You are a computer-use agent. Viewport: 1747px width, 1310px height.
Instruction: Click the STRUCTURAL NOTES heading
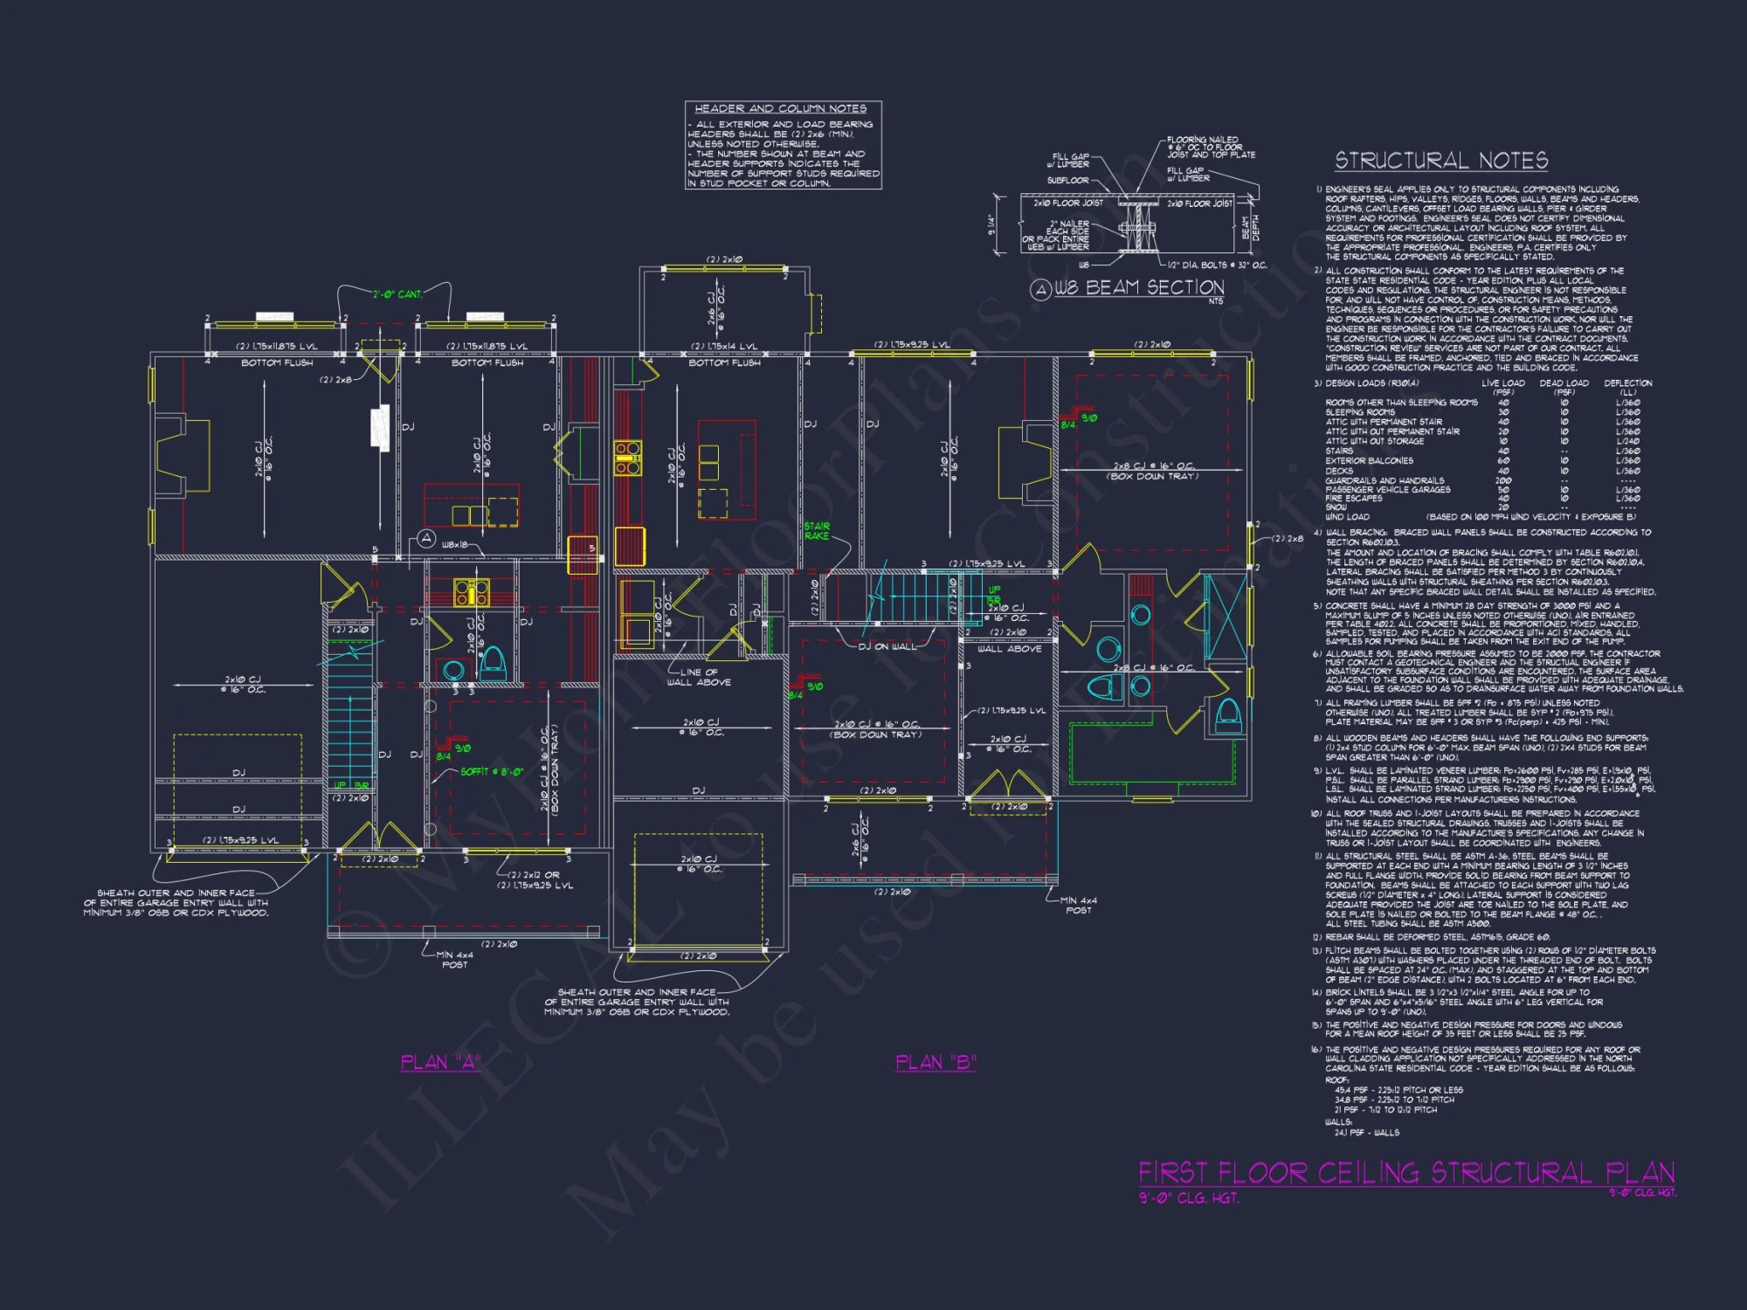(x=1441, y=161)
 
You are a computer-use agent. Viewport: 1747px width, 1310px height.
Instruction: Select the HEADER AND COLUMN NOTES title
(x=780, y=109)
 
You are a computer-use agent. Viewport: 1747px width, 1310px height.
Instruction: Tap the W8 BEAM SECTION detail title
(x=1138, y=288)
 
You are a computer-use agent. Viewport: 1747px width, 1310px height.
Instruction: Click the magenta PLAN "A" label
(x=441, y=1062)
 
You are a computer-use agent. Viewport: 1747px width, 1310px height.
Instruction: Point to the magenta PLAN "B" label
(x=936, y=1062)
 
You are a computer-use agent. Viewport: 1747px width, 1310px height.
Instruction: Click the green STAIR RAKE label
(x=817, y=531)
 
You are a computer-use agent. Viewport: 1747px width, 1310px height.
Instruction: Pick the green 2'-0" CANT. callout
(x=397, y=294)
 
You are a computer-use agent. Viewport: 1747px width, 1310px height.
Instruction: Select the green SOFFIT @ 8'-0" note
(x=492, y=772)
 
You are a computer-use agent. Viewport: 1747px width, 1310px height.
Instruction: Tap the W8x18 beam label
(x=455, y=545)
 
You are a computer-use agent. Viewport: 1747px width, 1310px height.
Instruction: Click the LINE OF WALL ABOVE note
(x=700, y=678)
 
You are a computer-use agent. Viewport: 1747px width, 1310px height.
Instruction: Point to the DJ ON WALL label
(x=887, y=647)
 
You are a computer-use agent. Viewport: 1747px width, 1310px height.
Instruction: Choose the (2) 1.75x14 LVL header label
(x=724, y=347)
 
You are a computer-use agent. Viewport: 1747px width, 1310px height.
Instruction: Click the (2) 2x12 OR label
(x=534, y=875)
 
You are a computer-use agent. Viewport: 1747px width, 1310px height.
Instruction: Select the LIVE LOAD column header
(x=1503, y=383)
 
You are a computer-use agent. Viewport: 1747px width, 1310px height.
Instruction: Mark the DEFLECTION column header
(x=1627, y=383)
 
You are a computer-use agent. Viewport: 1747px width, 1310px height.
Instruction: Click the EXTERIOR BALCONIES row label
(x=1369, y=461)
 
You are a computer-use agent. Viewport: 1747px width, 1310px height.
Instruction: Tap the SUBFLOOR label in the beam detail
(x=1067, y=181)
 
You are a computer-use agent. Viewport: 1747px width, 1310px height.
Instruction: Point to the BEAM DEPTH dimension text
(x=1251, y=228)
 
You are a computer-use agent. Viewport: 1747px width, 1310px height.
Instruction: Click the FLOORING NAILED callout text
(x=1203, y=140)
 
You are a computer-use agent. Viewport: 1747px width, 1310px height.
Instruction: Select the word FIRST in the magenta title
(x=1174, y=1173)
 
